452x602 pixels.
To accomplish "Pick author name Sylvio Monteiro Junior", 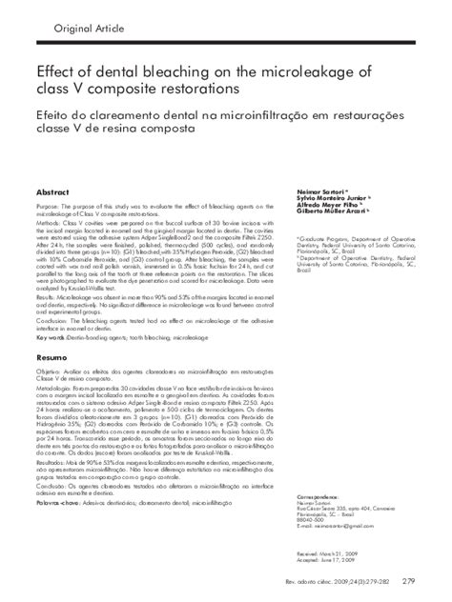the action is click(319, 173).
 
